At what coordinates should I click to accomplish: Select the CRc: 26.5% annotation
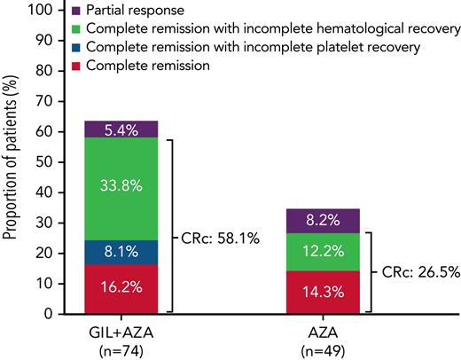(421, 273)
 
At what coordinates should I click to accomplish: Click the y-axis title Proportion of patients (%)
(12, 162)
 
